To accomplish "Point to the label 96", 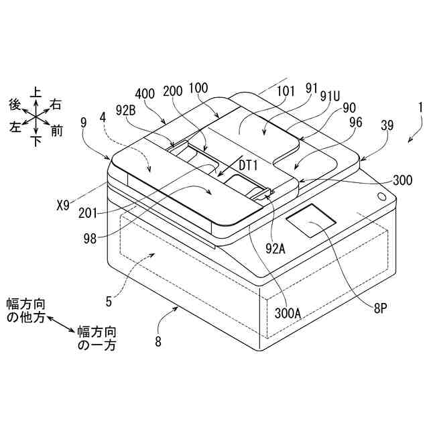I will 356,122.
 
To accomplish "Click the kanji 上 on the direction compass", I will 36,91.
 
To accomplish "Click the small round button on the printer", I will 381,196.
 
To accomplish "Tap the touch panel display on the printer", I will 312,222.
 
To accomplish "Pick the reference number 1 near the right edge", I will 420,107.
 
